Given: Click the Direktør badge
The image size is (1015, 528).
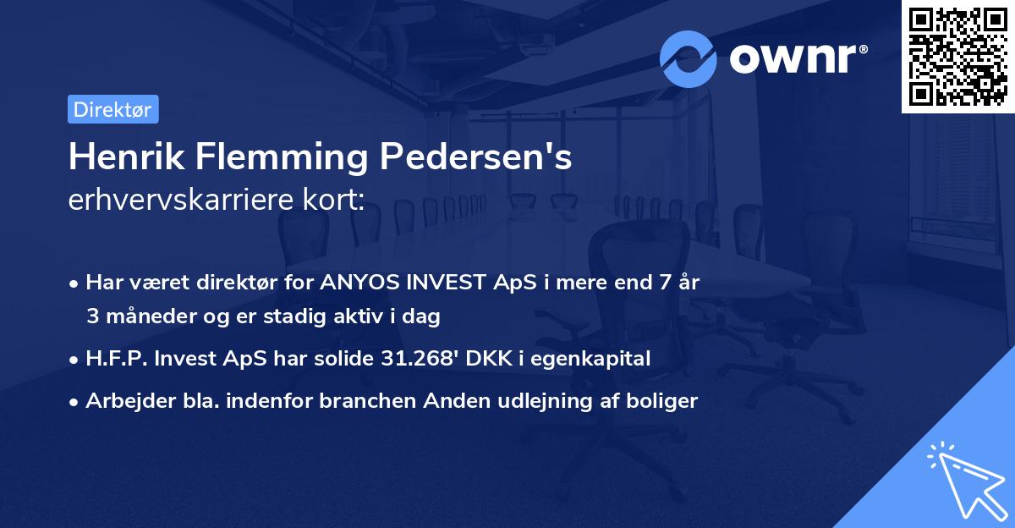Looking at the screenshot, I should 112,109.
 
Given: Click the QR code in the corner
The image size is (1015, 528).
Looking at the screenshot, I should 957,57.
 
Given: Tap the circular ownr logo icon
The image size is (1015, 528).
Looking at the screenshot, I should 689,59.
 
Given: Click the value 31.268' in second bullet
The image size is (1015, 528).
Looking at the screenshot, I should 411,359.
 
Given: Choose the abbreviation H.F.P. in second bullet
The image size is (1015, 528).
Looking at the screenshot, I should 115,359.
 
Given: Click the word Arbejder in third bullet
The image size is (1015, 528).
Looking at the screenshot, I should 123,401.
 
